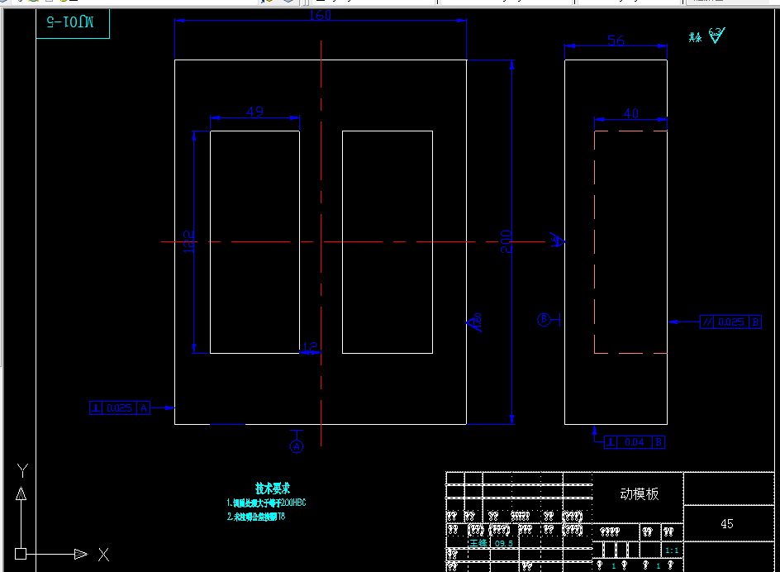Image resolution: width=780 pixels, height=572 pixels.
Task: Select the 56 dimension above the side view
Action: pyautogui.click(x=616, y=41)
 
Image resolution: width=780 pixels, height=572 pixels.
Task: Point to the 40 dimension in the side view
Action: pyautogui.click(x=630, y=114)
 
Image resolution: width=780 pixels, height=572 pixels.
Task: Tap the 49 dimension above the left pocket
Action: pyautogui.click(x=254, y=112)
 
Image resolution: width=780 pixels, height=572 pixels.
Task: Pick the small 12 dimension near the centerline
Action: pyautogui.click(x=310, y=347)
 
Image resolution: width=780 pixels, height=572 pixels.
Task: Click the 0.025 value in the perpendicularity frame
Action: pyautogui.click(x=120, y=408)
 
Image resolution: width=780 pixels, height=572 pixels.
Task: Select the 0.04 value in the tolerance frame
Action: pyautogui.click(x=635, y=442)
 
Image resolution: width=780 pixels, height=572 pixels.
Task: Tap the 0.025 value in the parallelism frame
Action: pyautogui.click(x=730, y=322)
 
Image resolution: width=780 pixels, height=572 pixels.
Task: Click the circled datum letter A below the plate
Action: pyautogui.click(x=297, y=446)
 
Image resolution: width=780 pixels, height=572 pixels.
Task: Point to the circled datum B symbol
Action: pyautogui.click(x=544, y=320)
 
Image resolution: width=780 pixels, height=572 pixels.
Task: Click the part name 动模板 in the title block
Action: pyautogui.click(x=640, y=493)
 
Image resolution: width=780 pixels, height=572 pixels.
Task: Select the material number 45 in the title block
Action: pyautogui.click(x=727, y=523)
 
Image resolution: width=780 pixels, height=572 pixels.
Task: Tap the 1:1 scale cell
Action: pyautogui.click(x=673, y=551)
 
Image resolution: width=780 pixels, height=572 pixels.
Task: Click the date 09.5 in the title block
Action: pyautogui.click(x=503, y=543)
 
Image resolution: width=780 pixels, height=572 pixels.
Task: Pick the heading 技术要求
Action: pyautogui.click(x=272, y=489)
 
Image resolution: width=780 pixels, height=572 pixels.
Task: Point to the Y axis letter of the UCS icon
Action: pyautogui.click(x=22, y=470)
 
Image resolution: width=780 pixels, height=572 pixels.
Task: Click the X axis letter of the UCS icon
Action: pyautogui.click(x=103, y=555)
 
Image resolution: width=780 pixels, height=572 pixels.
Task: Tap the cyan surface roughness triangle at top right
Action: pyautogui.click(x=716, y=36)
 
